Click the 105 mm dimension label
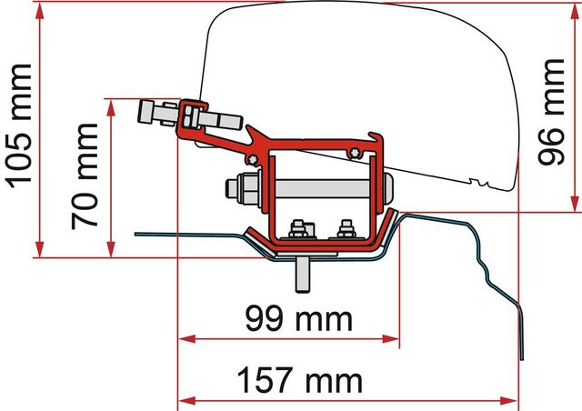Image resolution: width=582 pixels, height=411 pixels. point(20,126)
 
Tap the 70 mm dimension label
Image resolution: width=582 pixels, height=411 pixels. point(85,176)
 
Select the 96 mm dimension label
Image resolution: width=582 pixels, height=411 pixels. point(551,111)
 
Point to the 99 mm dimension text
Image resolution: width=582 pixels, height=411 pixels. point(299,319)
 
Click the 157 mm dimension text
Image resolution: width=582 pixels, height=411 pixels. point(299,380)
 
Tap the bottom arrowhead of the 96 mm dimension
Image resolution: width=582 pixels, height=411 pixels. point(575,204)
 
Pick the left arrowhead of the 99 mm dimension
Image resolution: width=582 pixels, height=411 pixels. point(186,339)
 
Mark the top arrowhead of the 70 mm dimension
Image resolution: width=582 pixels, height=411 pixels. point(111,108)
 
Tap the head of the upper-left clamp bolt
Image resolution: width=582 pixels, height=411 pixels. point(145,111)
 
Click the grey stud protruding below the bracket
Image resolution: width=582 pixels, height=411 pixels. point(303,275)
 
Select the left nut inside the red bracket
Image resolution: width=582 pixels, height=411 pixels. point(298,229)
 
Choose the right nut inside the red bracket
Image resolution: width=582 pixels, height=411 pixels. point(346,229)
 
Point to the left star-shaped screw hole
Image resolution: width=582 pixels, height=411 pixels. point(253,159)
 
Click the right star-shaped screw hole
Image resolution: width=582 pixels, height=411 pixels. point(355,153)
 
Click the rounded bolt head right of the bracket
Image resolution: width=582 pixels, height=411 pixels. point(388,188)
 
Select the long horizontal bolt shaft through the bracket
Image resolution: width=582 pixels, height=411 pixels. point(322,188)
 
